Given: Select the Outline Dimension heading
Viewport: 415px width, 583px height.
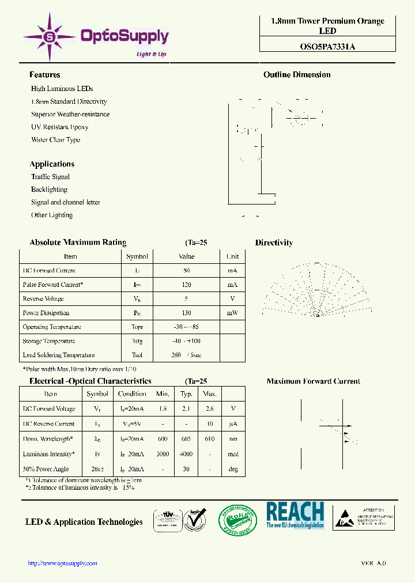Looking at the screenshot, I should (x=297, y=75).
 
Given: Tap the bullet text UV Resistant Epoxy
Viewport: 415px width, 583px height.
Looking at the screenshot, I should (x=59, y=127).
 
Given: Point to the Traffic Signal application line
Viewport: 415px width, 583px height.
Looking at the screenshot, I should (x=50, y=177).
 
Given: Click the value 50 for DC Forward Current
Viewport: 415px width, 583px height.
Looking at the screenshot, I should (x=186, y=270).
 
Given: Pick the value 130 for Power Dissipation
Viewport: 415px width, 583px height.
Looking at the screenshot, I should (x=186, y=313).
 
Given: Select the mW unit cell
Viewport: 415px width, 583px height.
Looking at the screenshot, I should (x=232, y=313).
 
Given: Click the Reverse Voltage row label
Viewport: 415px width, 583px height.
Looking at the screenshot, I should (x=43, y=298).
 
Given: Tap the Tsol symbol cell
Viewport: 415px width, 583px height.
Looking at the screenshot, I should (x=137, y=355).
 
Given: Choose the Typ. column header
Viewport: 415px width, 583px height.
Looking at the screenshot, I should (x=186, y=394).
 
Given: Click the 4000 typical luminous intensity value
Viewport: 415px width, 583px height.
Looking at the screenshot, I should (x=186, y=454).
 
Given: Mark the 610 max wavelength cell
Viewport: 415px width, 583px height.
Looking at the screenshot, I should (x=209, y=439).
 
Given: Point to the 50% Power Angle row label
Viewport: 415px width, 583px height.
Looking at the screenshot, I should (x=46, y=469).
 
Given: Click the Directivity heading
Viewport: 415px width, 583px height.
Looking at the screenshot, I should (x=274, y=243).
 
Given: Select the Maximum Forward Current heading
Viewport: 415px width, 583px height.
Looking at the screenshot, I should (x=313, y=381).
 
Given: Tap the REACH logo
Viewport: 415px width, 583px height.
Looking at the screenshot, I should (x=295, y=514).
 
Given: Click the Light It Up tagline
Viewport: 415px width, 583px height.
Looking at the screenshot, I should (x=151, y=54).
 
